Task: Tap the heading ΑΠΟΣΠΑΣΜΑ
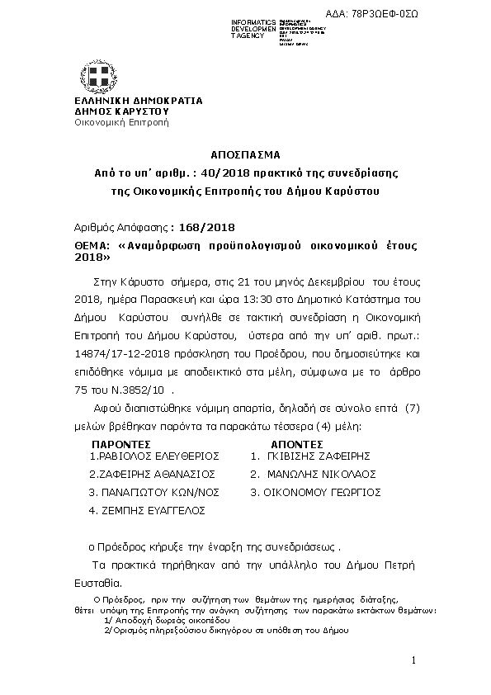tap(245, 154)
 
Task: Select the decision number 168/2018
tap(201, 228)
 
